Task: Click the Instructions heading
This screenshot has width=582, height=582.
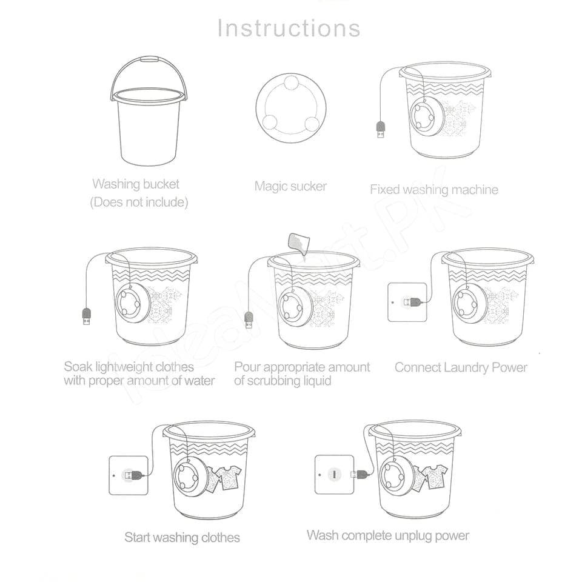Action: coord(289,28)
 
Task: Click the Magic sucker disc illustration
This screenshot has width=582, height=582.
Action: coord(291,108)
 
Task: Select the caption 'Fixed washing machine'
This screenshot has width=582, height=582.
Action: coord(434,190)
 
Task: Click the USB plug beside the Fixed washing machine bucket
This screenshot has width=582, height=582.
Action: coord(381,129)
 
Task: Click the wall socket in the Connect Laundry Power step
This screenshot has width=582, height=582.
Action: coord(407,302)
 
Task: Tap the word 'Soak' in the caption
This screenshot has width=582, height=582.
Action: coord(78,367)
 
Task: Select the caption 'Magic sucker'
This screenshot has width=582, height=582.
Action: coord(290,186)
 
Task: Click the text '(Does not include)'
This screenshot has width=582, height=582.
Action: coord(139,202)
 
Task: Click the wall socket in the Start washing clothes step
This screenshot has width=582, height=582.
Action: coord(129,475)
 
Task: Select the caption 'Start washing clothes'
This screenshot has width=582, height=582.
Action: coord(182,538)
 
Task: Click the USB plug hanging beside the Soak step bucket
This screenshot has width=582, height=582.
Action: coord(86,316)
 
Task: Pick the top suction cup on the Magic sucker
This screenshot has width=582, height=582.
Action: coord(292,83)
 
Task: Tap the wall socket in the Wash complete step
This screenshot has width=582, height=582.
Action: coord(335,474)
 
